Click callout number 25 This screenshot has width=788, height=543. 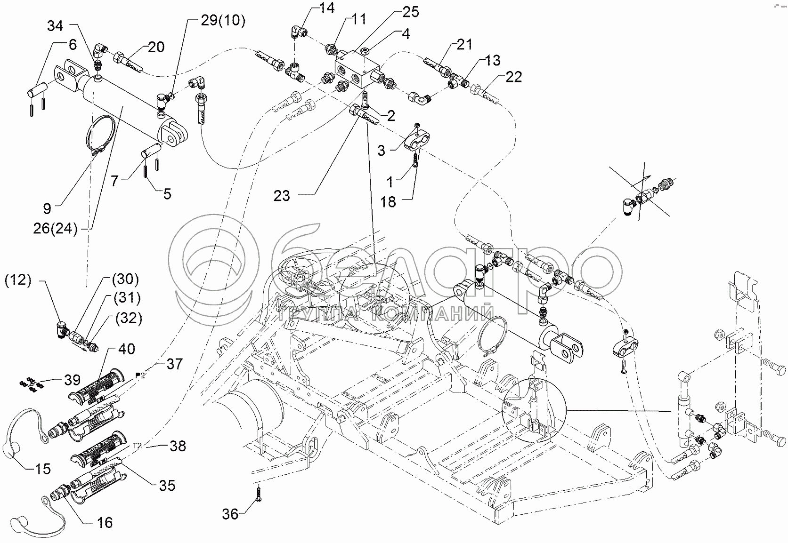pos(411,12)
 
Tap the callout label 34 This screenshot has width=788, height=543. pos(55,26)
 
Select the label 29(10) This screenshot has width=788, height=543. pos(222,21)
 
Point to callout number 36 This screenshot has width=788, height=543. pos(230,514)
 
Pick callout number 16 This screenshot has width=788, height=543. pos(105,522)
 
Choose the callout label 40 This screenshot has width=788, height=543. pos(127,349)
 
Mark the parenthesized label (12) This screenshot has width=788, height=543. pos(18,280)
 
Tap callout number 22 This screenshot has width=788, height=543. pos(513,77)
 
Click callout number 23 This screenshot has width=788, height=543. pos(282,195)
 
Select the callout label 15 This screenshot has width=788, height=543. pos(42,469)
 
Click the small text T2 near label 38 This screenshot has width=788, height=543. pos(137,445)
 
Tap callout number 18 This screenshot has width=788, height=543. pos(389,202)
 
